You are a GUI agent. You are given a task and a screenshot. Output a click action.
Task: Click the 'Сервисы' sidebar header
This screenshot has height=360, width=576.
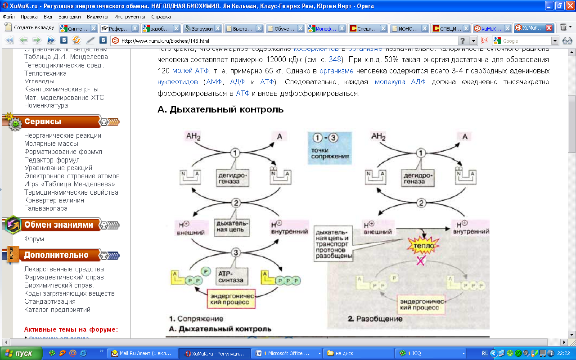pyautogui.click(x=43, y=121)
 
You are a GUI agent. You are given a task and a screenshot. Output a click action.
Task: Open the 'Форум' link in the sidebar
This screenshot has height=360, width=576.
pyautogui.click(x=34, y=239)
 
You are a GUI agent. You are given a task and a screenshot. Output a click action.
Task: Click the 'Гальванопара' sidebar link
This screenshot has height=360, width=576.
pyautogui.click(x=46, y=208)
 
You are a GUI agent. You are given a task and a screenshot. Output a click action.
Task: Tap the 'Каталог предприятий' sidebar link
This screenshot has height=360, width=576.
pyautogui.click(x=57, y=310)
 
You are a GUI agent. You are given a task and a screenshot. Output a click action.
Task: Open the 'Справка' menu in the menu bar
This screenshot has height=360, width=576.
pyautogui.click(x=161, y=17)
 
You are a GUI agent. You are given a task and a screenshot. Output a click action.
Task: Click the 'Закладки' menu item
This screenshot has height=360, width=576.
pyautogui.click(x=70, y=17)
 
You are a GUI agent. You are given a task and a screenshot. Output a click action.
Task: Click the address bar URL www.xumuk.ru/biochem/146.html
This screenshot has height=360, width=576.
pyautogui.click(x=165, y=41)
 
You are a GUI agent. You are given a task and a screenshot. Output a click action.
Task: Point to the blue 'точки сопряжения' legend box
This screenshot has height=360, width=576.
pyautogui.click(x=329, y=148)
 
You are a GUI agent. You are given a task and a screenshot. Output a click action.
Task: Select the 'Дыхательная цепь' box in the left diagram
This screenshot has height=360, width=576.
pyautogui.click(x=232, y=226)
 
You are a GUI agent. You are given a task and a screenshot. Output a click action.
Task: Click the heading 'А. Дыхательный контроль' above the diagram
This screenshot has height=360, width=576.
pyautogui.click(x=220, y=109)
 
